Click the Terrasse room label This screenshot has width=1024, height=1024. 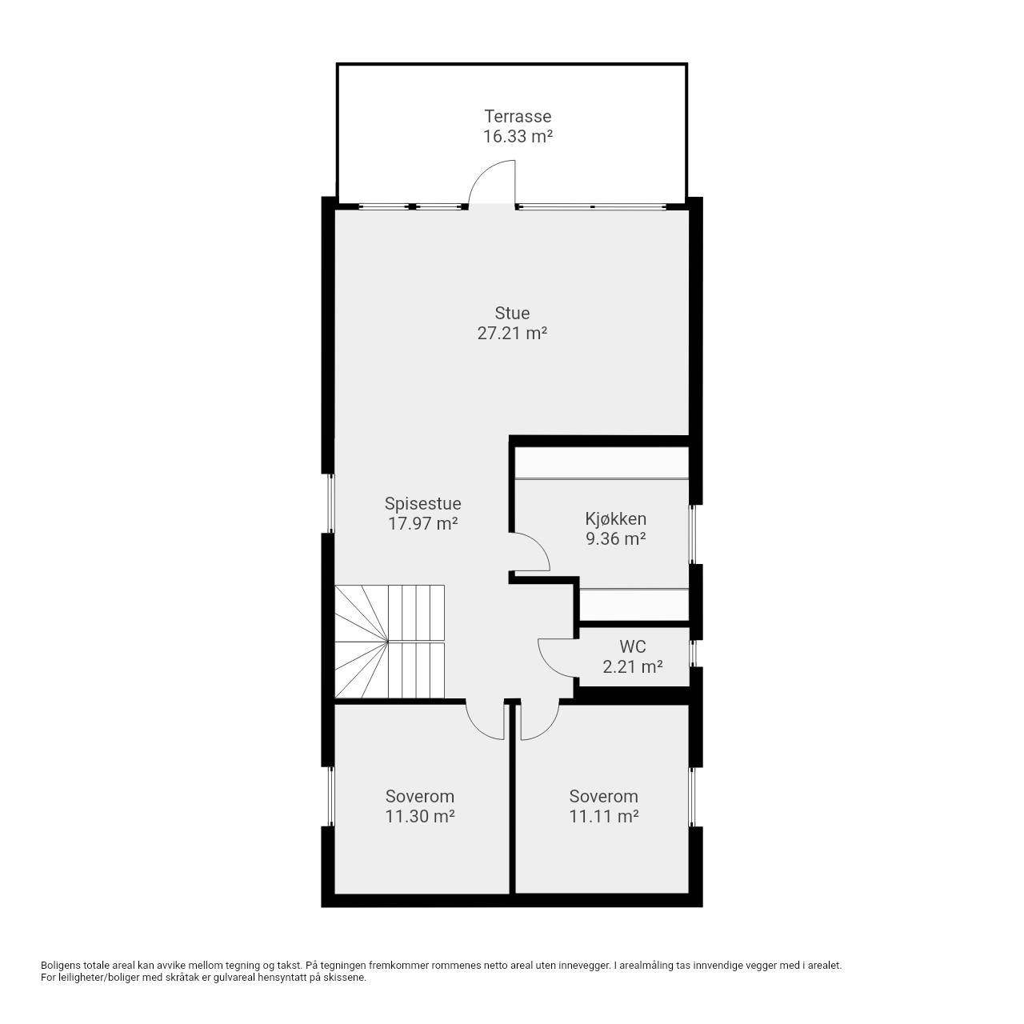[x=518, y=116]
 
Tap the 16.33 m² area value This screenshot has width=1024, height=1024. [x=518, y=136]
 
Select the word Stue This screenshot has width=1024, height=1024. [x=512, y=313]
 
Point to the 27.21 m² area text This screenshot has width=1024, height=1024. [x=512, y=333]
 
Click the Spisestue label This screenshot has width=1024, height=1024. [x=423, y=503]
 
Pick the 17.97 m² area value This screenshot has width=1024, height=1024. [x=423, y=523]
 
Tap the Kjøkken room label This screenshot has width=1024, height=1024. [x=616, y=518]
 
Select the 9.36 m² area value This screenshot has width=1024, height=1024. [x=616, y=538]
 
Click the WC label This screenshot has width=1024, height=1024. [x=632, y=646]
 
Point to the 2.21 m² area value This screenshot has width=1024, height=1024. [x=632, y=666]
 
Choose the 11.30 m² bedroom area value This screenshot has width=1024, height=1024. [x=420, y=816]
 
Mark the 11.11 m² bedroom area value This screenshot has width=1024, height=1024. [x=604, y=816]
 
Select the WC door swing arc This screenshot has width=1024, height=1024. [x=549, y=664]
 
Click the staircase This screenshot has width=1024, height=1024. [x=390, y=642]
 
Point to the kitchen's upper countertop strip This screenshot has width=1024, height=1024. [x=602, y=463]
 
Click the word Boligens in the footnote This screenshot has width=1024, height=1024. [x=61, y=966]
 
